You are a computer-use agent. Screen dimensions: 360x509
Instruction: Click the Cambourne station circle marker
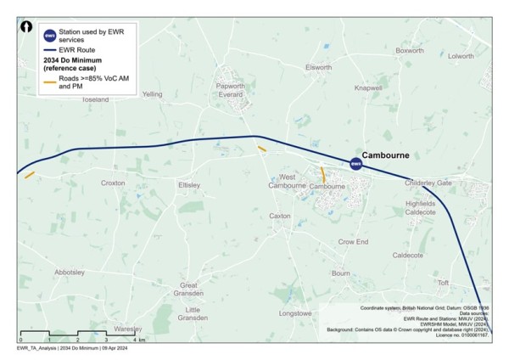(357, 164)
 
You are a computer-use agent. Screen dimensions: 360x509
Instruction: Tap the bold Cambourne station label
(386, 155)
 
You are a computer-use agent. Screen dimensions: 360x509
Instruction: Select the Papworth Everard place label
(231, 90)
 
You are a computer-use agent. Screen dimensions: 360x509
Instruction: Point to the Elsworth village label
(318, 67)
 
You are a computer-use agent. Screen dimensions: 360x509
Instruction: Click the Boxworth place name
(409, 51)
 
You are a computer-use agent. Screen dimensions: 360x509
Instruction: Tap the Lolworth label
(461, 56)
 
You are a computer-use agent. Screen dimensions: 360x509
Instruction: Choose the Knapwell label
(368, 87)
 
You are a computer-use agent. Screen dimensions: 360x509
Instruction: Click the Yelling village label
(153, 94)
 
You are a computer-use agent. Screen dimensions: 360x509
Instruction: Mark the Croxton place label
(113, 183)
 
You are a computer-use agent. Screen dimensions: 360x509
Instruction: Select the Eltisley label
(187, 184)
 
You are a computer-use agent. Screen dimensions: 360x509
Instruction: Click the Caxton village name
(280, 216)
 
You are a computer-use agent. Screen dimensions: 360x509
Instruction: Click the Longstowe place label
(295, 313)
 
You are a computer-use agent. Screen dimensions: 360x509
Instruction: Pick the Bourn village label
(340, 273)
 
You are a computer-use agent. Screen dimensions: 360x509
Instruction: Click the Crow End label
(353, 242)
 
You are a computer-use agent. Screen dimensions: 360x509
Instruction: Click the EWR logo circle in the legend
(49, 36)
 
